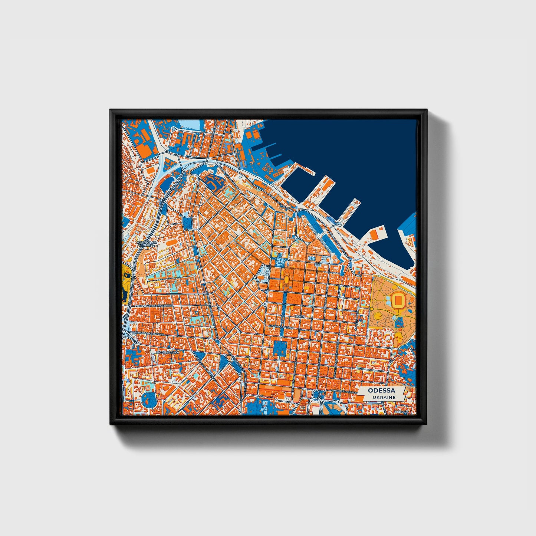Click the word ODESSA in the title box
[381, 391]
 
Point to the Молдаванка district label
[168, 352]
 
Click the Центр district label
[299, 316]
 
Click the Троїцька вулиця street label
[282, 327]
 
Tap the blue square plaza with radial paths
[280, 348]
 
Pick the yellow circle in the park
[378, 316]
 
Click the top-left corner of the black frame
[110, 110]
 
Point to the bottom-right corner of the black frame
[427, 425]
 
